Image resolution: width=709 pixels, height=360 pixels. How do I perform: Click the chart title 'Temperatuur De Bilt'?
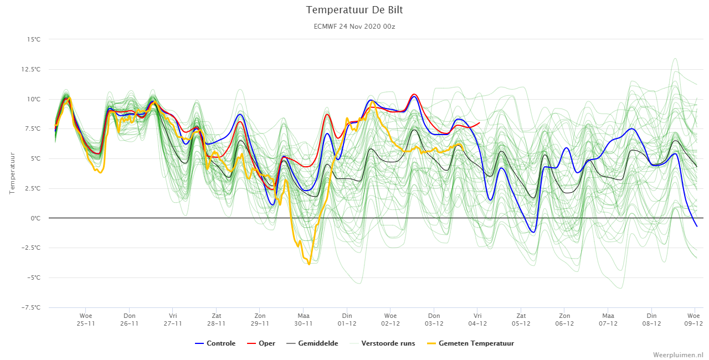click(354, 10)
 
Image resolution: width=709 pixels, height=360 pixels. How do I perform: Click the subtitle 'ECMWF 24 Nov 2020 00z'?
click(354, 27)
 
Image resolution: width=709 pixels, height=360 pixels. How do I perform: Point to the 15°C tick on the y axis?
click(34, 39)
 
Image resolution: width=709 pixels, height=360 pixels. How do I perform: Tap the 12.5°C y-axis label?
click(30, 69)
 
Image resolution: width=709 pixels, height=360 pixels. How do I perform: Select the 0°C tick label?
click(35, 218)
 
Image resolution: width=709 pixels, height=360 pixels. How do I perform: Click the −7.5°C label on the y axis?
click(30, 307)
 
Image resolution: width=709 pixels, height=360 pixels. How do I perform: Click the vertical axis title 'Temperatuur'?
click(12, 173)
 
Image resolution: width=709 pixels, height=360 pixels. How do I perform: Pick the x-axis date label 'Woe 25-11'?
click(86, 320)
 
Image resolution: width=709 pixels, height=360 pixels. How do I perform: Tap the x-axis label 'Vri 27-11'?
click(173, 320)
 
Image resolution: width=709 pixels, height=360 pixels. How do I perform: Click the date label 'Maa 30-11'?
click(304, 320)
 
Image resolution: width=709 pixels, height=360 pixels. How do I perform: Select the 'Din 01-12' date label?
click(347, 320)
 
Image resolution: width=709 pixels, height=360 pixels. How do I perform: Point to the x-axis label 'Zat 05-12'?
click(521, 320)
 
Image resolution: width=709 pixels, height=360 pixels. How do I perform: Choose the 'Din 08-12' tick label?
click(652, 320)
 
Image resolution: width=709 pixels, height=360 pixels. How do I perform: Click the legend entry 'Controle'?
click(215, 343)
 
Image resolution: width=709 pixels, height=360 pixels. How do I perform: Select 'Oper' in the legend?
click(261, 343)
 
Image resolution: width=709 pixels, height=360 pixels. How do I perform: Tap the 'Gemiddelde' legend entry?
click(312, 343)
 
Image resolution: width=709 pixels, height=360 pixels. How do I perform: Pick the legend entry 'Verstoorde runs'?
click(382, 343)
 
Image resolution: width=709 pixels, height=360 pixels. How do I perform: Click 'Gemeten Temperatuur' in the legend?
click(470, 343)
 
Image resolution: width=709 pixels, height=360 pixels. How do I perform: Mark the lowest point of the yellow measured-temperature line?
click(309, 264)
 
